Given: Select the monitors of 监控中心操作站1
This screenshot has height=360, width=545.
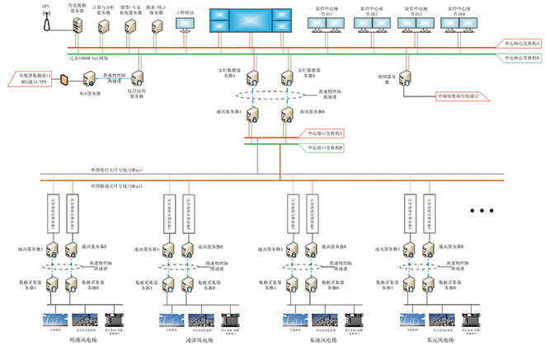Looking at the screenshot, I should (x=326, y=27).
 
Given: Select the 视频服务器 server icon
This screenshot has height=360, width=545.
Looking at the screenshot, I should (x=410, y=79).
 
